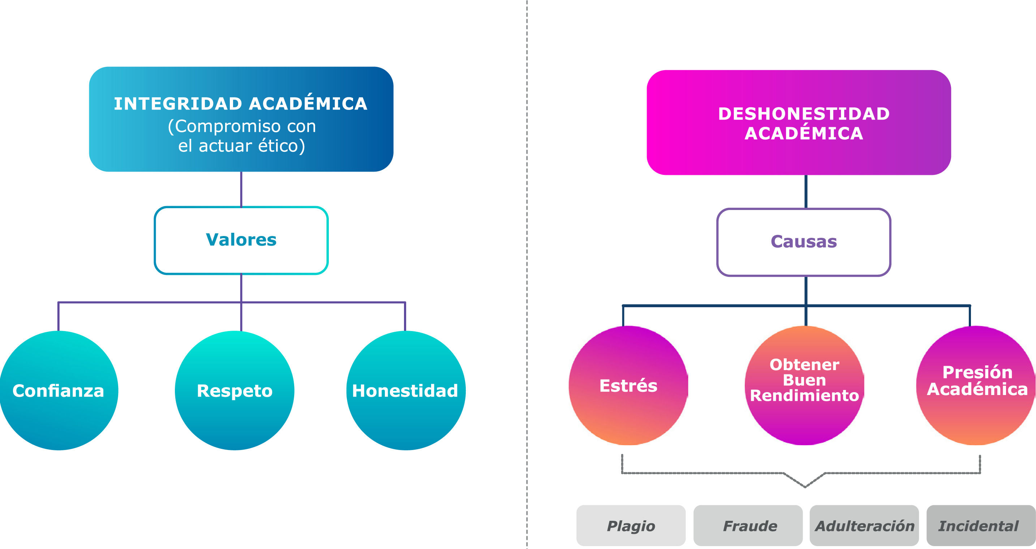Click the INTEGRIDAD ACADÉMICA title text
[241, 104]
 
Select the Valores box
[241, 240]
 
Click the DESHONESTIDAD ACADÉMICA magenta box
[798, 123]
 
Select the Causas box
[804, 242]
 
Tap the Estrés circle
[628, 385]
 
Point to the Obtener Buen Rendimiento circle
[804, 385]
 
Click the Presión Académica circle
[976, 385]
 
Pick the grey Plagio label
[631, 526]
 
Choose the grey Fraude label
[750, 526]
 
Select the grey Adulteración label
[864, 526]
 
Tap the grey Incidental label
[979, 526]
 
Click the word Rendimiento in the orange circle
[804, 396]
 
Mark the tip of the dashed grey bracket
[805, 487]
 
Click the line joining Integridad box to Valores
[241, 189]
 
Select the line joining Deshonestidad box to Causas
[805, 192]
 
